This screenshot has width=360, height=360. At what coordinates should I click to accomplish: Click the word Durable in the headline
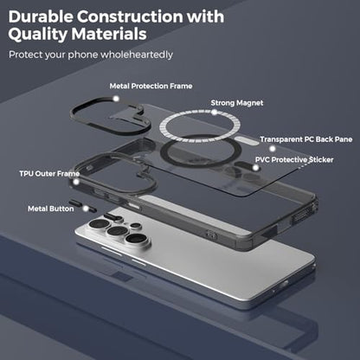click(x=41, y=16)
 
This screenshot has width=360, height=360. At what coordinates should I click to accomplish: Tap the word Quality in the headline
click(x=37, y=35)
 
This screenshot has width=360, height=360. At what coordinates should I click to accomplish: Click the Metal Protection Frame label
click(x=151, y=86)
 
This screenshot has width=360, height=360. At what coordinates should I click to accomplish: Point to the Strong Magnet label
click(x=237, y=103)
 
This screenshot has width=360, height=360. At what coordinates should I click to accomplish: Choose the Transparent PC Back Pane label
click(x=306, y=139)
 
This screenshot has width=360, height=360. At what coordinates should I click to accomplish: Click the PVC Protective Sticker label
click(x=294, y=160)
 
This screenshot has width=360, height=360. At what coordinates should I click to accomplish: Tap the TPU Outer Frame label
click(x=49, y=174)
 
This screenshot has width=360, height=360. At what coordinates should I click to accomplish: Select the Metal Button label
click(x=51, y=209)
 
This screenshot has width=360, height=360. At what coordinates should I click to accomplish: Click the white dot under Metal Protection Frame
click(x=116, y=99)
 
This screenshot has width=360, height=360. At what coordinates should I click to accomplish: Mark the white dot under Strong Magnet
click(x=214, y=112)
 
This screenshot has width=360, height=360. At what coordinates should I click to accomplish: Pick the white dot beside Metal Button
click(x=86, y=209)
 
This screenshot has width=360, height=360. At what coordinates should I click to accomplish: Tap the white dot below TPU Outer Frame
click(x=76, y=182)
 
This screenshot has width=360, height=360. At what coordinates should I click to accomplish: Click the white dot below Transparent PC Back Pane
click(x=273, y=149)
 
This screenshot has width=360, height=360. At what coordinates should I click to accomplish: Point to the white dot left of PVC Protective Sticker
click(x=255, y=168)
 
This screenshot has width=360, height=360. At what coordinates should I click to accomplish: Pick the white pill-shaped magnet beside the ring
click(x=247, y=140)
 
